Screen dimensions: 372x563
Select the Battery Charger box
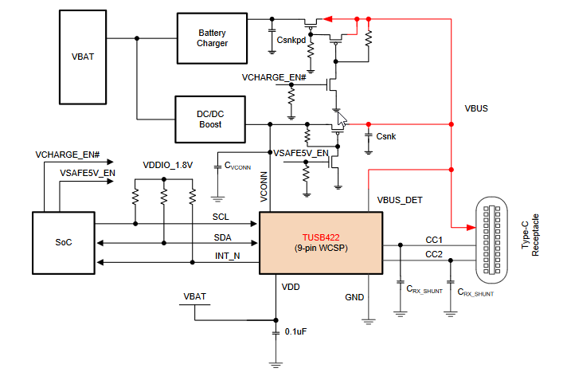pos(213,37)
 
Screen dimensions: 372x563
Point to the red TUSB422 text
pos(322,237)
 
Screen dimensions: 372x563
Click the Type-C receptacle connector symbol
pos(491,239)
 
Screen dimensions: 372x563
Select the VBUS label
pos(478,109)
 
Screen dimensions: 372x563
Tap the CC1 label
pos(434,239)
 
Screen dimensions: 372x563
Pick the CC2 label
pos(434,254)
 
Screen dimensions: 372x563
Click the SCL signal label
pos(221,217)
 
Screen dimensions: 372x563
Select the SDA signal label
pos(222,238)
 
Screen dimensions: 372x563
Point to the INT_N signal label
pos(228,255)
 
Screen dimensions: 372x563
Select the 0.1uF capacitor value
pos(296,331)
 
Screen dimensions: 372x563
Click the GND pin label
pos(355,297)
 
